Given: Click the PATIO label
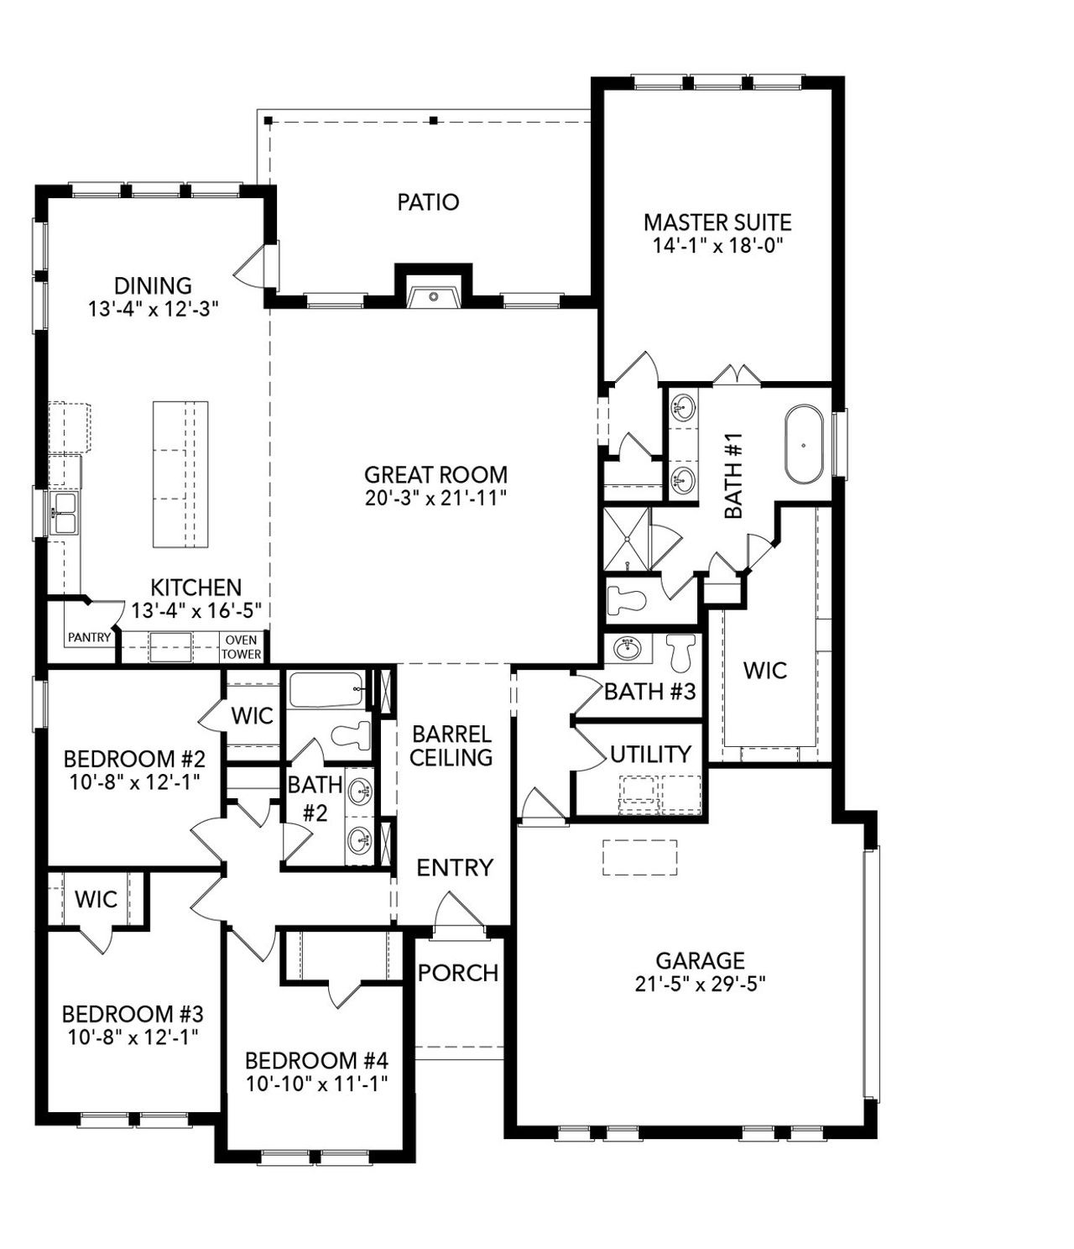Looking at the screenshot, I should [428, 202].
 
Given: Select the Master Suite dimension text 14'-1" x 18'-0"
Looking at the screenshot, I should [717, 245].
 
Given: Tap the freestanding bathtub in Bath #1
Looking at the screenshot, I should [805, 445].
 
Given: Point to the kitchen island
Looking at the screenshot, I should [180, 475].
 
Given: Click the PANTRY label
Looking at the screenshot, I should [89, 637].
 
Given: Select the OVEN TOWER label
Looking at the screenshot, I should [242, 647].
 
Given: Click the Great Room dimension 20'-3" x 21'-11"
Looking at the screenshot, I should [436, 498].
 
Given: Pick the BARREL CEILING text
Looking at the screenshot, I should [451, 745].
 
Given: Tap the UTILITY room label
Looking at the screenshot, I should [650, 754].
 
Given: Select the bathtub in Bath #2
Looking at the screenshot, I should [326, 691].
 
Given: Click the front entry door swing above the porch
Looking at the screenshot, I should [457, 913].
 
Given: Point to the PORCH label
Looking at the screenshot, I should [458, 973].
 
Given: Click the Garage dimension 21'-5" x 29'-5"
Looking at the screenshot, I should [701, 983].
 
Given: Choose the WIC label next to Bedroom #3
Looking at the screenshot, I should [96, 899].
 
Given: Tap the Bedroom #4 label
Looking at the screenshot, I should [317, 1059].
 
